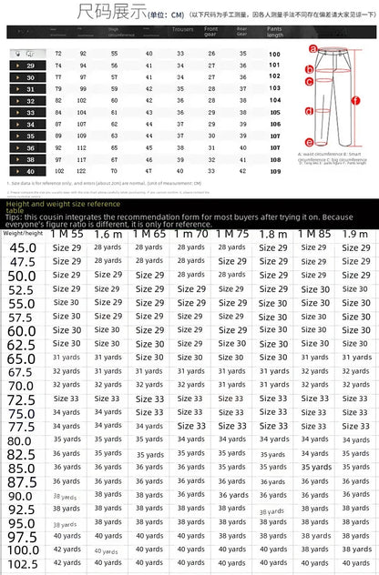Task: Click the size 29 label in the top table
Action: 29,66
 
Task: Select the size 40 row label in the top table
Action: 29,170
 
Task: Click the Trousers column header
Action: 182,30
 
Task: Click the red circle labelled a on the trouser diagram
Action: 312,49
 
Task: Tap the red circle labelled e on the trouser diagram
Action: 310,142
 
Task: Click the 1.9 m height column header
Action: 355,234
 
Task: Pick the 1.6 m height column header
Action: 108,234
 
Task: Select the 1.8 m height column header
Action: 273,234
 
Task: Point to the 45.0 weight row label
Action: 23,247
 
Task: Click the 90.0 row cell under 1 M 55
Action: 66,496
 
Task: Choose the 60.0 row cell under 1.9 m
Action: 355,330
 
